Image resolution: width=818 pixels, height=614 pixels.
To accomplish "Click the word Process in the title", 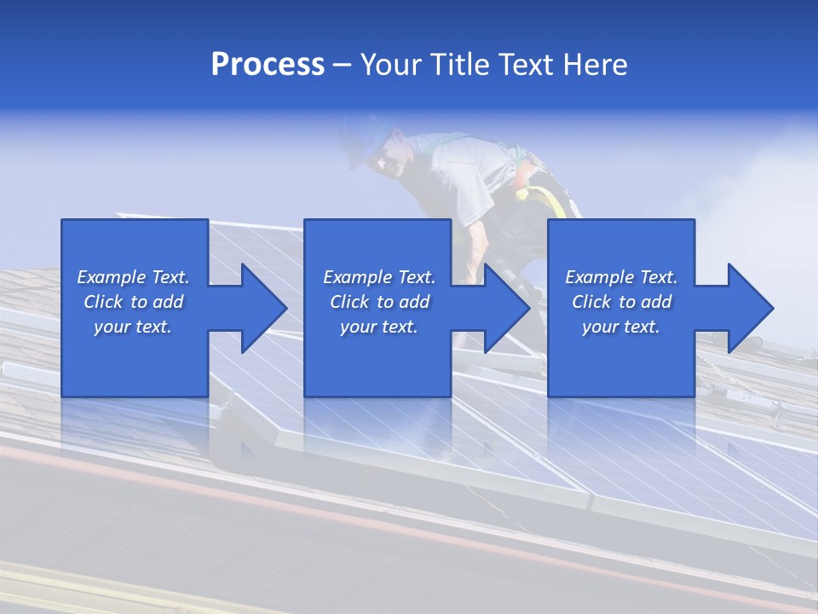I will [x=268, y=65].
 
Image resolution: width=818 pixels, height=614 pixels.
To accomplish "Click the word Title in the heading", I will [x=455, y=65].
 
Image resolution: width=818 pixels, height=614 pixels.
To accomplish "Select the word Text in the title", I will [x=524, y=65].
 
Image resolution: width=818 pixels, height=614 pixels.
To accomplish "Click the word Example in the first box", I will [x=112, y=277].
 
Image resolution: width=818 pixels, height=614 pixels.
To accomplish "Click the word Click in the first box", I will [x=103, y=302].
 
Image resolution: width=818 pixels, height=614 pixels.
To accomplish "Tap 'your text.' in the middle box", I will [x=378, y=327].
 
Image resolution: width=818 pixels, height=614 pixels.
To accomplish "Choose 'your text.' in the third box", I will [x=620, y=327].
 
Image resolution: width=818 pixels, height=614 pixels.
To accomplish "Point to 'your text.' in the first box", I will [x=133, y=327].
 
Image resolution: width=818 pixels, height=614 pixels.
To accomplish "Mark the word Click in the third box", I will [x=591, y=302].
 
